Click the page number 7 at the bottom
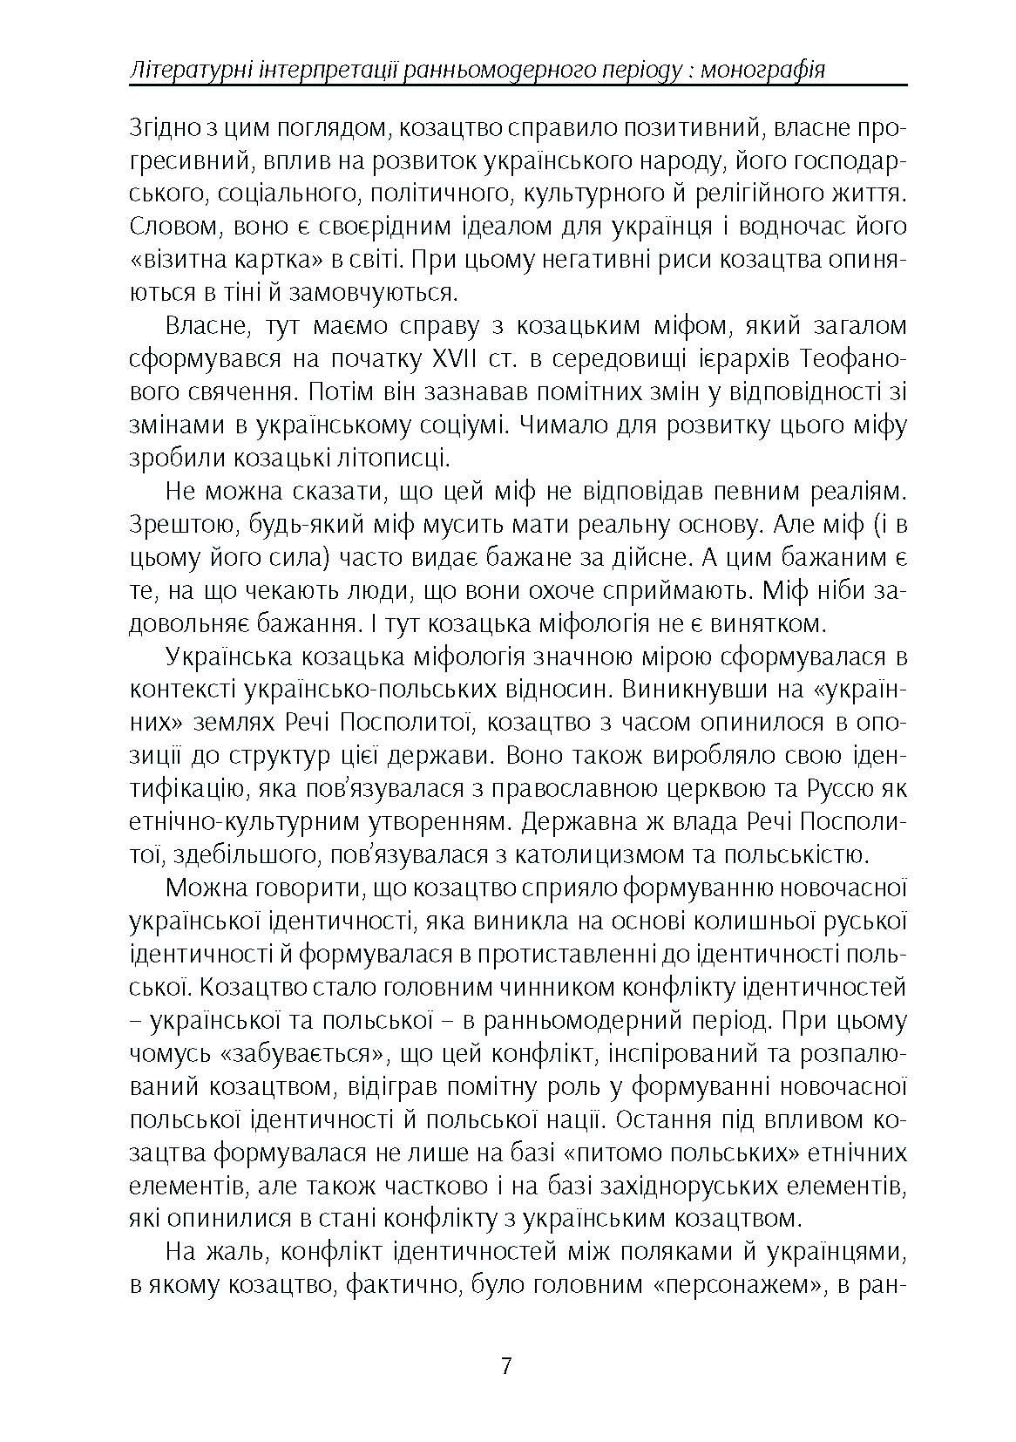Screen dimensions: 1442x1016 click(507, 1364)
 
